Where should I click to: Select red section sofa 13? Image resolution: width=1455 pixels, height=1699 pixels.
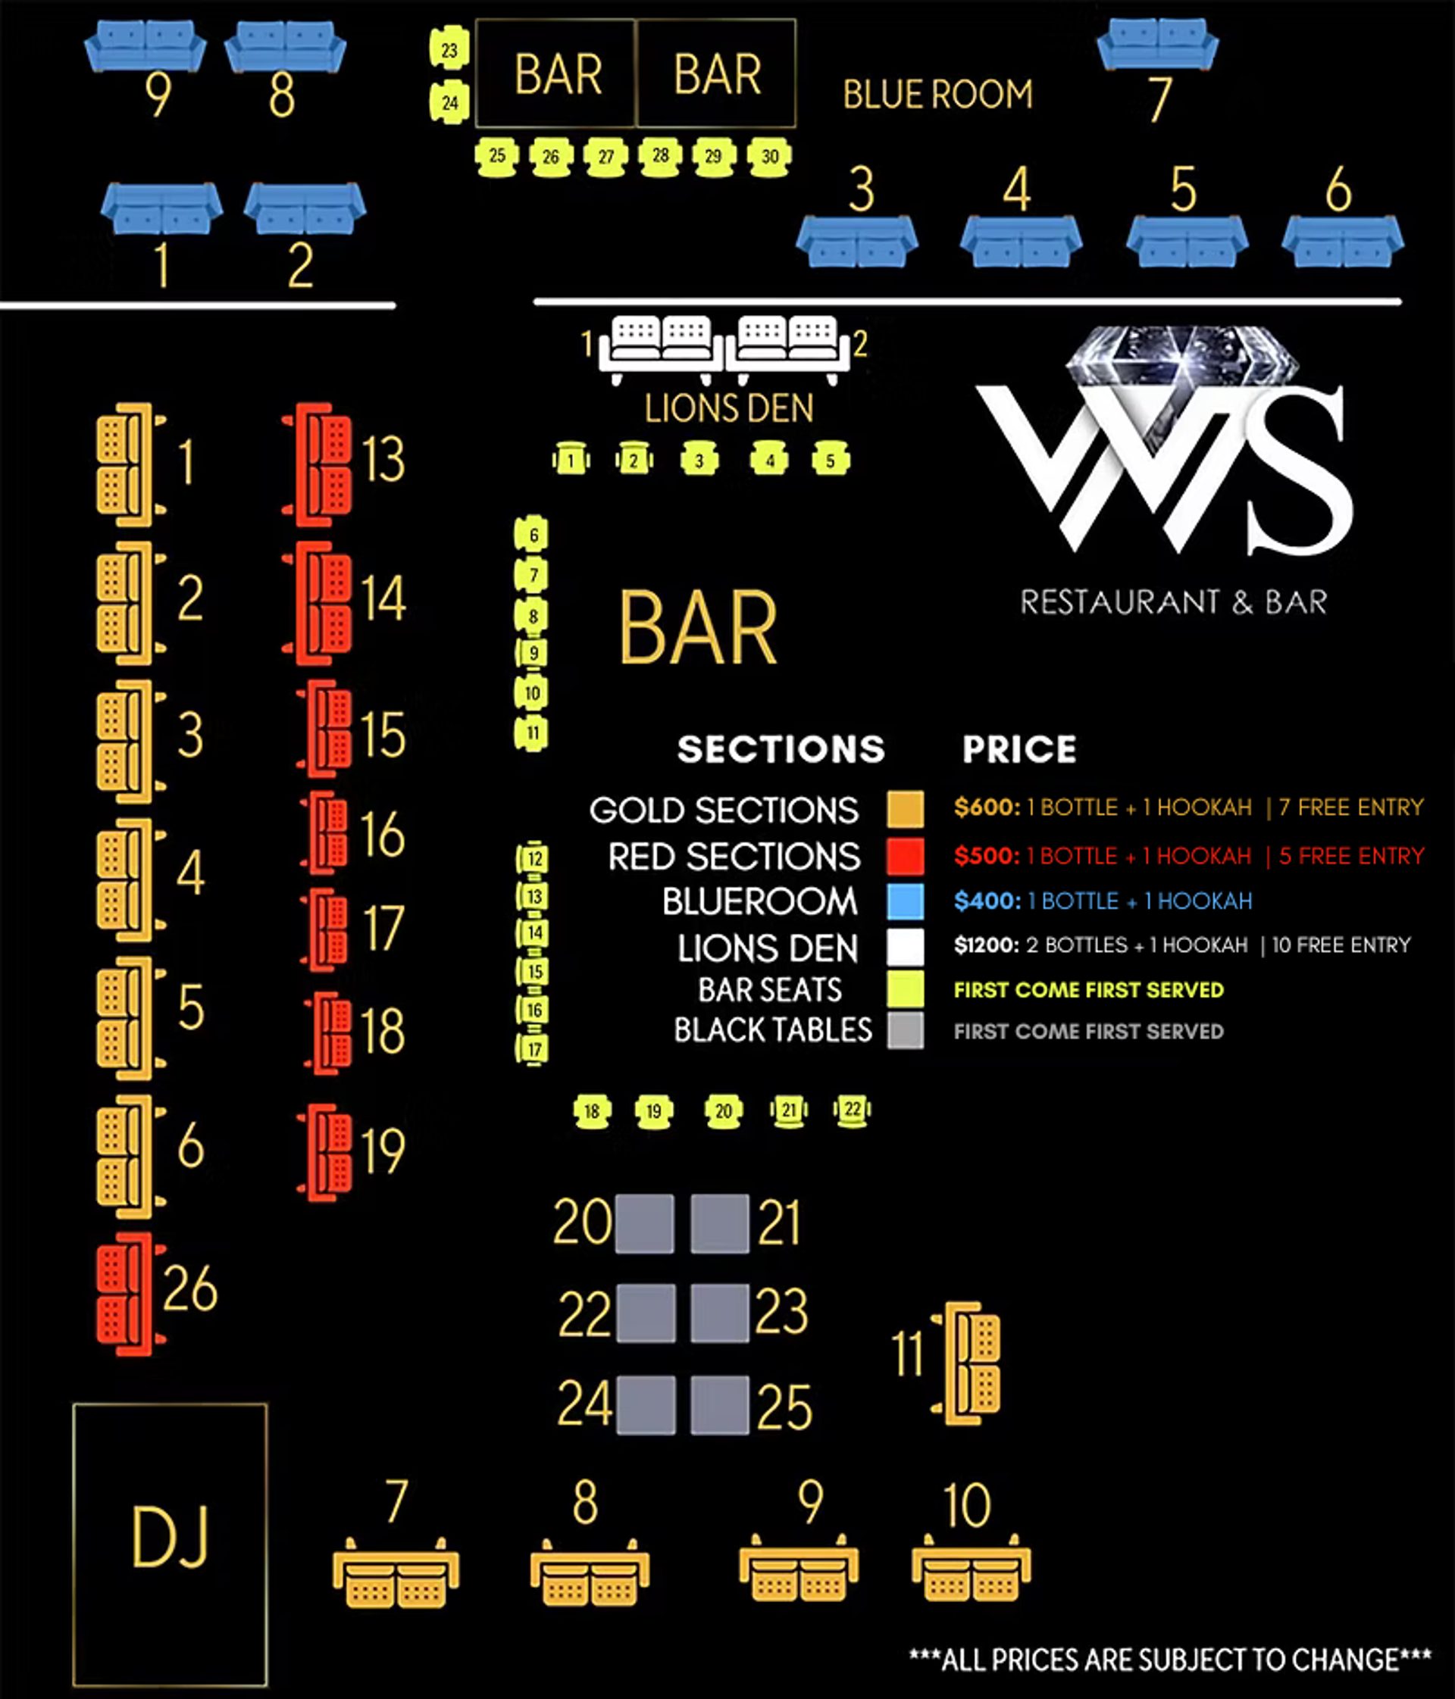(320, 464)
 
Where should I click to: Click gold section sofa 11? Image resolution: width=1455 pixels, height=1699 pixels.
(968, 1363)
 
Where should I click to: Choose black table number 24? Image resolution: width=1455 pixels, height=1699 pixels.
(646, 1405)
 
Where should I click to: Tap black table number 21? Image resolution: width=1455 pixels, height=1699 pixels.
(719, 1223)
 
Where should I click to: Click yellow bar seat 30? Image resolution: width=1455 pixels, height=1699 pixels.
(769, 157)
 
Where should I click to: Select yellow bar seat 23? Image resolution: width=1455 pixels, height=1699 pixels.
(449, 50)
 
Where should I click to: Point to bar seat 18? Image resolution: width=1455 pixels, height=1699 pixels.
(592, 1112)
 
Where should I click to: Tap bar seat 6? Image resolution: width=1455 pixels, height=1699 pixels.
(532, 536)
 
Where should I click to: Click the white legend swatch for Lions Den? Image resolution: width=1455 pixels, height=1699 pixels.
(905, 946)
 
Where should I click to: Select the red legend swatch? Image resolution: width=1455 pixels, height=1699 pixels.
(905, 856)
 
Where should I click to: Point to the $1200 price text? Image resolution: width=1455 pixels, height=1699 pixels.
(987, 945)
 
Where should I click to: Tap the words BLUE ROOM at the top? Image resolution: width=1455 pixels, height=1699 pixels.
(937, 94)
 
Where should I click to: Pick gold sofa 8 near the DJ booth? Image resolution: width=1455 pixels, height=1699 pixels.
(590, 1573)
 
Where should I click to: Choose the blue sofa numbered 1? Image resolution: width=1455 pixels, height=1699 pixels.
(161, 208)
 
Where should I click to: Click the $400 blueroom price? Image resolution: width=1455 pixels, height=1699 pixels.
(987, 901)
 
